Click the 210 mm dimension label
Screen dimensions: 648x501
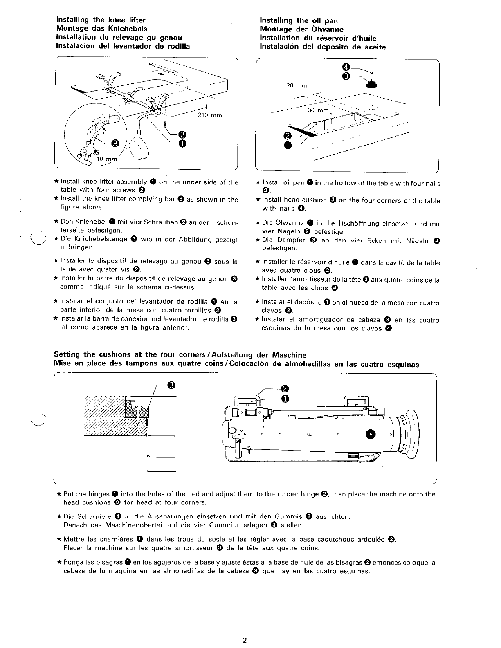click(209, 115)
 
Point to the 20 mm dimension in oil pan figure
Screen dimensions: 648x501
click(297, 85)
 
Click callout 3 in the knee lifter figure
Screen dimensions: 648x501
click(116, 142)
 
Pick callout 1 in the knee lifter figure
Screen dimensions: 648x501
click(182, 143)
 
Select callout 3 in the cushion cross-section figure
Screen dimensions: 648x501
click(171, 385)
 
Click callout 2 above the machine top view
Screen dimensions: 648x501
click(285, 388)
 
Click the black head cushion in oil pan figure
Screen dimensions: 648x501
click(372, 85)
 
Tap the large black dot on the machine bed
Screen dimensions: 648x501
click(371, 434)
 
